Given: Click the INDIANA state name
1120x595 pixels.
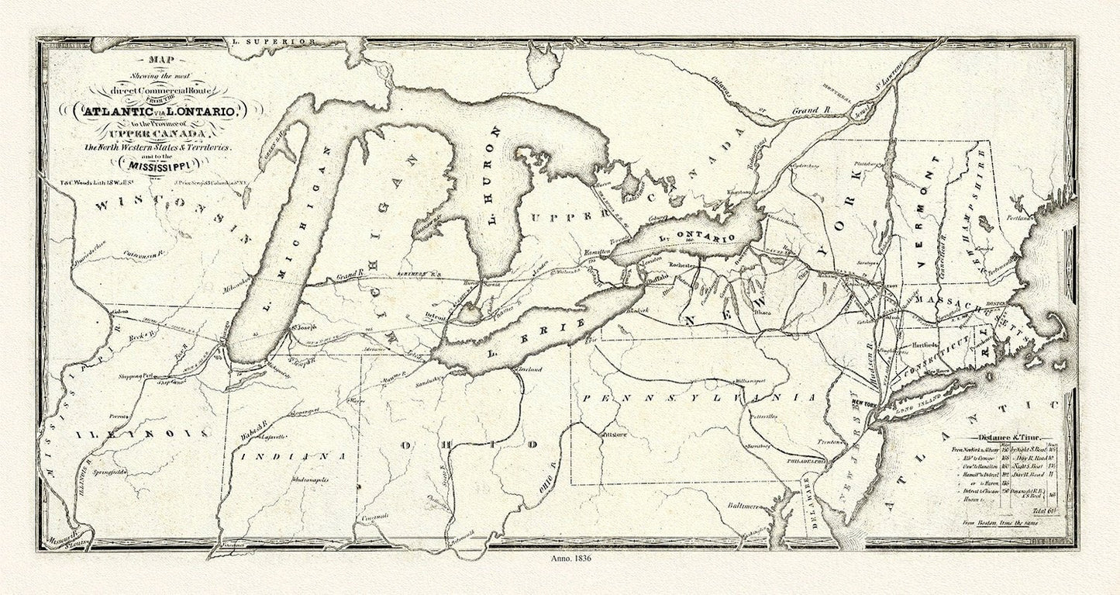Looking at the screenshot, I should pyautogui.click(x=291, y=455).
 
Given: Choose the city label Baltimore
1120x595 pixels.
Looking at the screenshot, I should pyautogui.click(x=741, y=506).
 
